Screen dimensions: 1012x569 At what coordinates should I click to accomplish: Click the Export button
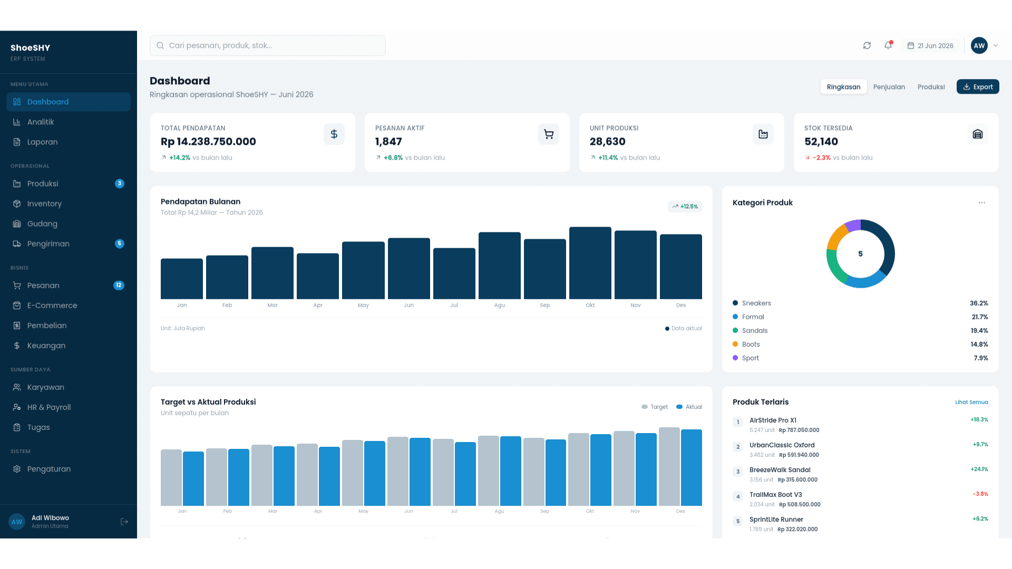point(978,87)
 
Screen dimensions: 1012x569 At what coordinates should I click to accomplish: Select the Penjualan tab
point(889,87)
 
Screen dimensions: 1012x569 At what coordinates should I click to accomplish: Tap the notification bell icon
point(888,45)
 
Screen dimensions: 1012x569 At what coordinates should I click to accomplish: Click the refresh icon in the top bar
point(867,46)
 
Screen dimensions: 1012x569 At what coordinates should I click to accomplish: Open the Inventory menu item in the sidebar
point(44,204)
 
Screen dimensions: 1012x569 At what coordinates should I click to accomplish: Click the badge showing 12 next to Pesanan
point(119,286)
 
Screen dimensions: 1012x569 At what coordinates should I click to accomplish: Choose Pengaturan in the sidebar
point(49,469)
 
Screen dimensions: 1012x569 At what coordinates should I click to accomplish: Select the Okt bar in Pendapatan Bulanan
point(590,263)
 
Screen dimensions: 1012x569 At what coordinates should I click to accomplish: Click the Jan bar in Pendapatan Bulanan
point(182,279)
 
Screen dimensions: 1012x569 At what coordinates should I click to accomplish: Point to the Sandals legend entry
point(755,331)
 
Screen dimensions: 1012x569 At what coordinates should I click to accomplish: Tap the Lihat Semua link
point(971,402)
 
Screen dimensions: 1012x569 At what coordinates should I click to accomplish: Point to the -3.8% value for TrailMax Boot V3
point(980,494)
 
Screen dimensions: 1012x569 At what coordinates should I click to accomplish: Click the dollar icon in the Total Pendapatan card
point(334,134)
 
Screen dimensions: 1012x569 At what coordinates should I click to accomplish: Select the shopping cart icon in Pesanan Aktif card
point(549,134)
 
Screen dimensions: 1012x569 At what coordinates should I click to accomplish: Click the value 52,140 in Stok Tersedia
point(821,142)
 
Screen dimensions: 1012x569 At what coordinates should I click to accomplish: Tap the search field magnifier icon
point(160,46)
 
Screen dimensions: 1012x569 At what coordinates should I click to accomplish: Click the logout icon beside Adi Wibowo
point(124,522)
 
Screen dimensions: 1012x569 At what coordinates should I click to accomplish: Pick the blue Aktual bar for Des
point(692,468)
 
